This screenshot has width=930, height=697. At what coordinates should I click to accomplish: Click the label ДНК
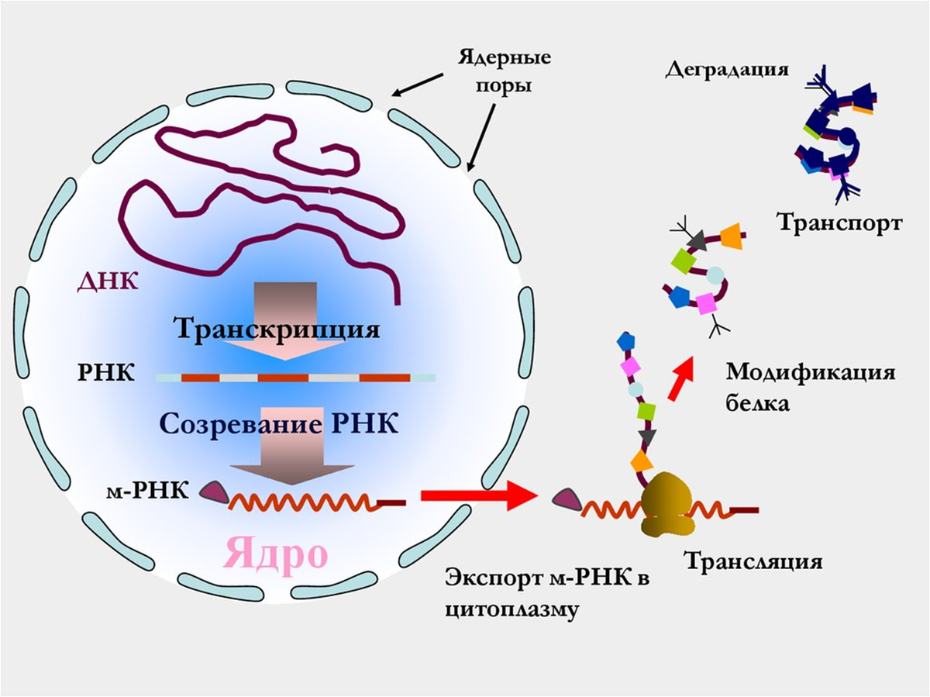click(108, 281)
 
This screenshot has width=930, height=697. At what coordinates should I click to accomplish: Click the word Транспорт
click(839, 224)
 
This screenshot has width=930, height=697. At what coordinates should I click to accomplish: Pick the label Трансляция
click(753, 559)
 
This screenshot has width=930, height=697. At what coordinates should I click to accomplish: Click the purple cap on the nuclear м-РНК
click(214, 491)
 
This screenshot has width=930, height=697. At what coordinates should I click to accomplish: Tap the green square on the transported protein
click(682, 258)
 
